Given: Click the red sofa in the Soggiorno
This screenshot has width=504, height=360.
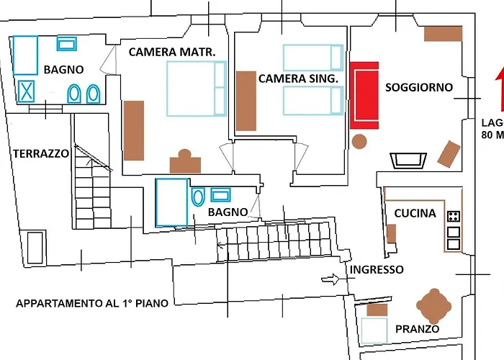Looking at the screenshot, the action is click(x=364, y=96).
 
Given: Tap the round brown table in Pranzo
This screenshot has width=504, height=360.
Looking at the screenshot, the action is click(x=434, y=306).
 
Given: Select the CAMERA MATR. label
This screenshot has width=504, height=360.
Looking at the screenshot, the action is click(x=172, y=52).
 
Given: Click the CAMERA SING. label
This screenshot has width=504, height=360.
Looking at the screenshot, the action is click(x=298, y=78).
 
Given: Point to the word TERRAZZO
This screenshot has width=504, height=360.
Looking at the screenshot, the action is click(x=41, y=153).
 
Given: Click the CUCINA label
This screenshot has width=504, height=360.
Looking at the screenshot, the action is click(x=415, y=213).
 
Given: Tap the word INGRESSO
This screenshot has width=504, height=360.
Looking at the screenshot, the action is click(x=377, y=269).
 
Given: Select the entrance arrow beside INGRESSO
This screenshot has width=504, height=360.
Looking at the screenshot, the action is click(x=330, y=279).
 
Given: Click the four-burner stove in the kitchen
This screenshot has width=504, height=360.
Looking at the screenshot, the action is click(x=453, y=216).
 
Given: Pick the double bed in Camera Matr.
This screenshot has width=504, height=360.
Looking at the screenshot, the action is click(x=197, y=89).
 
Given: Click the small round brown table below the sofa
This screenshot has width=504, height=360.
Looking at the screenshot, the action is click(x=359, y=142).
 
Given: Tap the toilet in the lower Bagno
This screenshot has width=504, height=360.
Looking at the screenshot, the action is click(x=198, y=197).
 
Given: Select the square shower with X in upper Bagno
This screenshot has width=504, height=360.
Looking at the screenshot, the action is click(x=26, y=91).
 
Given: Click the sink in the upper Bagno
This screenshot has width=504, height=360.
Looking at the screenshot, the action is click(x=66, y=44).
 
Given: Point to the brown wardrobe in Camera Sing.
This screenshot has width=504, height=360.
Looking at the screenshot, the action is click(x=246, y=101).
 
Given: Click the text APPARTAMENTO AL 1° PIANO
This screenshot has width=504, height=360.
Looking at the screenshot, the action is click(x=92, y=303).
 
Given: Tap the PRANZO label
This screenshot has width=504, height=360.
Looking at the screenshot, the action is click(x=417, y=329).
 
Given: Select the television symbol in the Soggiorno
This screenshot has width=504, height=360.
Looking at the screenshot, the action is click(x=408, y=161).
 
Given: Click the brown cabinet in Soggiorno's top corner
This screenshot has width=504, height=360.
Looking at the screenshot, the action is click(x=444, y=33).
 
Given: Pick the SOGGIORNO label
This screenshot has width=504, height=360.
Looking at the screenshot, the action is click(x=419, y=87).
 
